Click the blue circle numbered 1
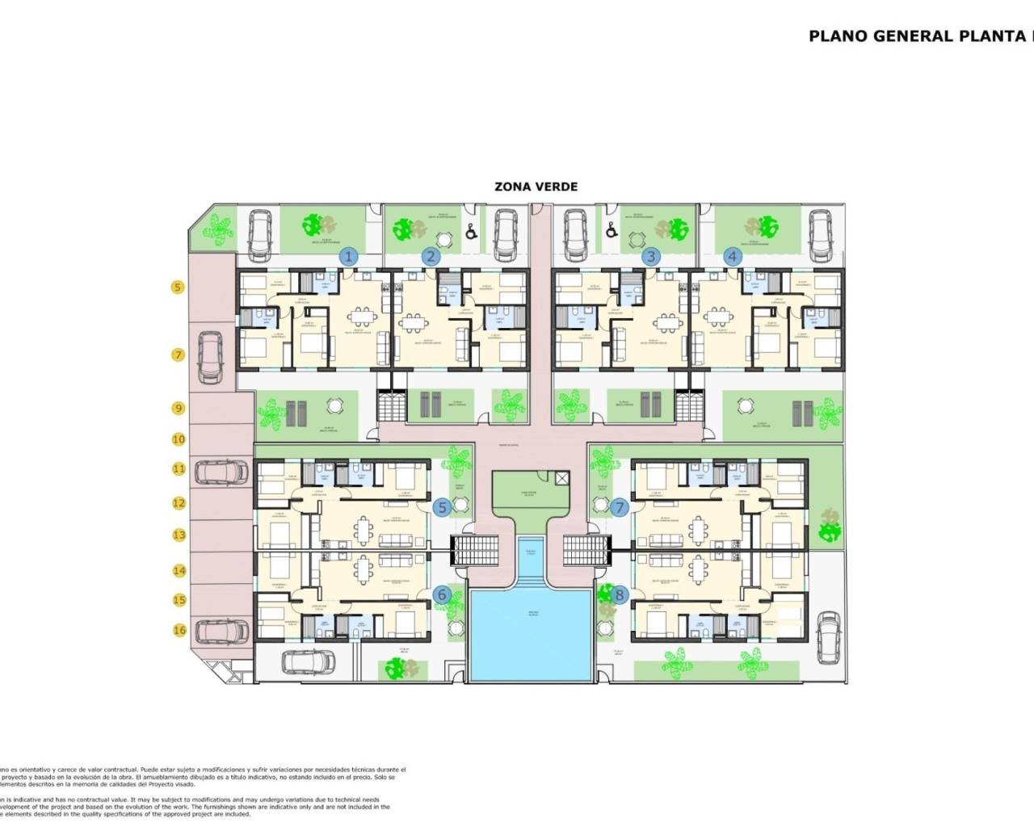pyautogui.click(x=348, y=257)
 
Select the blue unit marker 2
pyautogui.click(x=431, y=257)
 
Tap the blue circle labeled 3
pyautogui.click(x=651, y=257)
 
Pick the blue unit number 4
pyautogui.click(x=733, y=257)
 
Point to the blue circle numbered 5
pyautogui.click(x=442, y=507)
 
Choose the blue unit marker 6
pyautogui.click(x=442, y=595)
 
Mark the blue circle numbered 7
pyautogui.click(x=620, y=507)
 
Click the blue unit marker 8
pyautogui.click(x=620, y=595)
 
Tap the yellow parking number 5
pyautogui.click(x=179, y=287)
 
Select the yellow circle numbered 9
pyautogui.click(x=179, y=409)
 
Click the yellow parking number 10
pyautogui.click(x=179, y=439)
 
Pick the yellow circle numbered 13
pyautogui.click(x=179, y=535)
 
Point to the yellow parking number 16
pyautogui.click(x=179, y=630)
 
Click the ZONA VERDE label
pyautogui.click(x=536, y=187)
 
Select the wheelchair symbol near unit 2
pyautogui.click(x=470, y=231)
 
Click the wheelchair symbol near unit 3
pyautogui.click(x=612, y=231)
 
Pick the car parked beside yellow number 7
pyautogui.click(x=212, y=360)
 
